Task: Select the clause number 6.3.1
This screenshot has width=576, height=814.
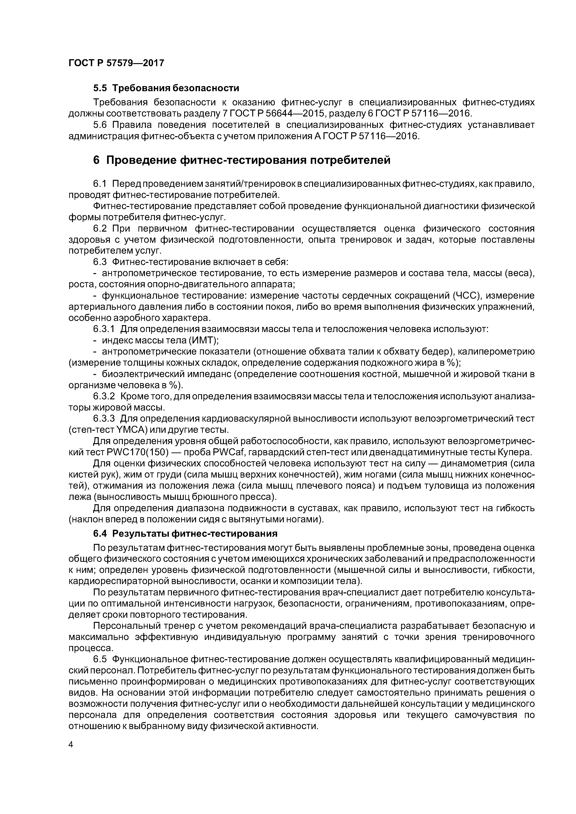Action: pos(104,329)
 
